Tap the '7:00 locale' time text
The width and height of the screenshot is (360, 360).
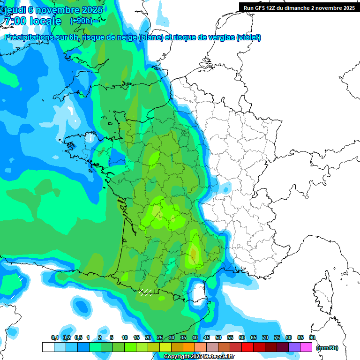pos(32,22)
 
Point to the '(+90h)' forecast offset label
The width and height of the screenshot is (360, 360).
pos(81,21)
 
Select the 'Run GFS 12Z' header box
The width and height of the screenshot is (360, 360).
pos(299,7)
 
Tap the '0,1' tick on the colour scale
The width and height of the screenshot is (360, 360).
pos(55,338)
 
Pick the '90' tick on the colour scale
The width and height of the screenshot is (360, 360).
pos(312,338)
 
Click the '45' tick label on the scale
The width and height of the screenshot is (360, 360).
pos(207,338)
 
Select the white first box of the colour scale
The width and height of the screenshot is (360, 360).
pos(48,347)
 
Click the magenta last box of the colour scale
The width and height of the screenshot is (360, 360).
pos(306,347)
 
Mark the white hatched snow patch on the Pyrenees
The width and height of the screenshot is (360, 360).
pos(145,292)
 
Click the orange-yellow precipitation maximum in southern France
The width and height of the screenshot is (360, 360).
pos(193,253)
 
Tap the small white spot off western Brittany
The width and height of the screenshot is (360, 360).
pos(70,112)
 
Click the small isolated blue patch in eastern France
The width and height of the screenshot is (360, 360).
pos(226,188)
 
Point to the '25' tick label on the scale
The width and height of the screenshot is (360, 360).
pos(159,338)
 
